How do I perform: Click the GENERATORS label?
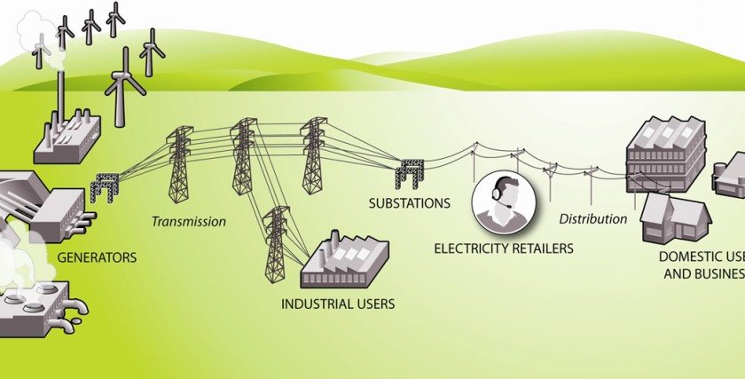97,258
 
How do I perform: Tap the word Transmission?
188,221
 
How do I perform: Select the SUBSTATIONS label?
410,203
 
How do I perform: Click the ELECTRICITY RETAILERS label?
503,249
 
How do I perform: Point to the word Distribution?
593,218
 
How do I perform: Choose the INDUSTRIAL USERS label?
338,304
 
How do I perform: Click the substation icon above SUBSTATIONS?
409,173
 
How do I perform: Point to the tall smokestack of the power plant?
60,98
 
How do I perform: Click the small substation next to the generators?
104,187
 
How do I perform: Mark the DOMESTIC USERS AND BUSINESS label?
701,265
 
